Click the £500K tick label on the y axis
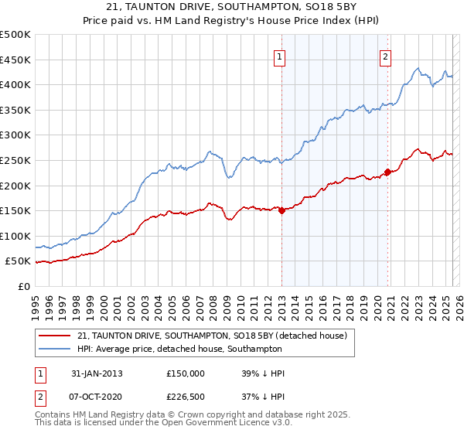[15, 35]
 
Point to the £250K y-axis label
[15, 160]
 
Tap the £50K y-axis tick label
[19, 261]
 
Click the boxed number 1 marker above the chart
[278, 56]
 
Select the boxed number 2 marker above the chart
[385, 56]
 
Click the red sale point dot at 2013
[281, 210]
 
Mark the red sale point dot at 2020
[387, 172]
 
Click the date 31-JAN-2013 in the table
[97, 373]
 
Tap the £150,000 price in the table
[186, 373]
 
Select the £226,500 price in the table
[186, 397]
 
